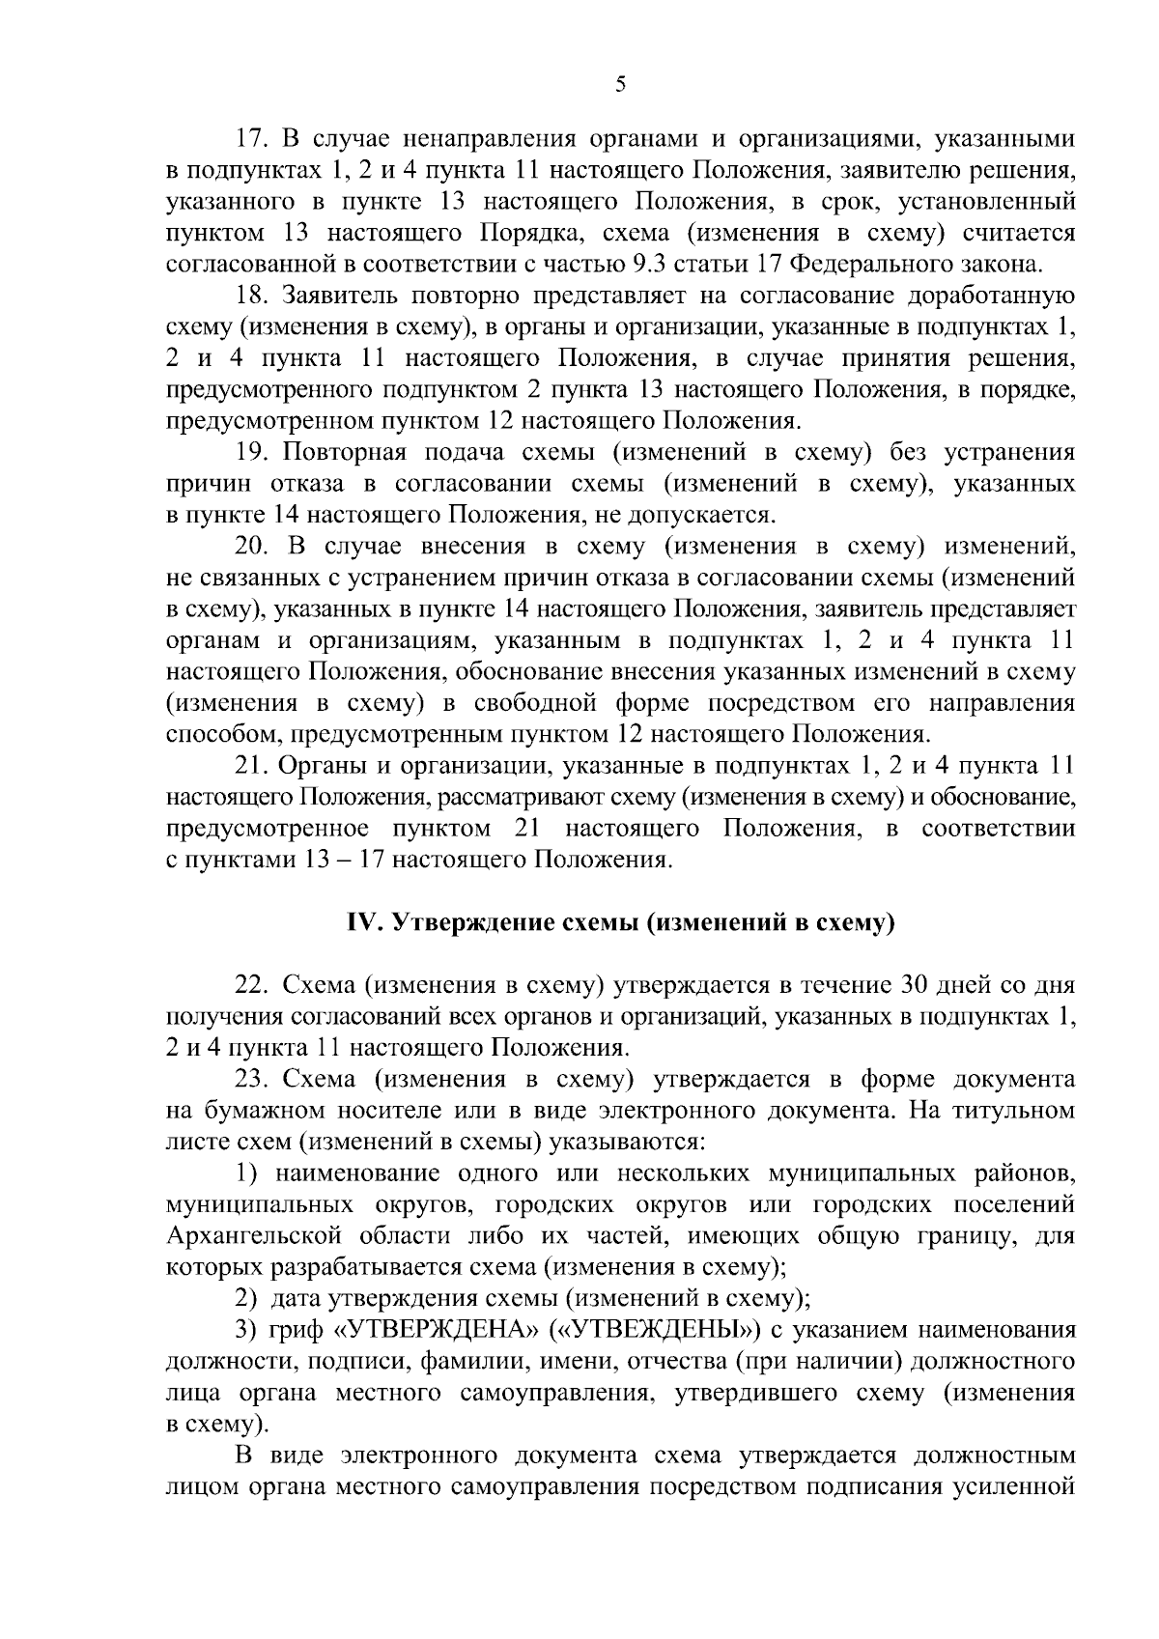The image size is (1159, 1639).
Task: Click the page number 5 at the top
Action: pos(620,84)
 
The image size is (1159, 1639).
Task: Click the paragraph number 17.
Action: pos(252,139)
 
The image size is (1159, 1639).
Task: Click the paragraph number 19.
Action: pos(253,452)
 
